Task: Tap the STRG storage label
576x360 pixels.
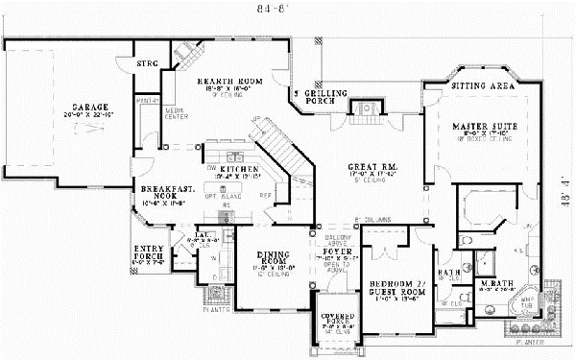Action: point(146,63)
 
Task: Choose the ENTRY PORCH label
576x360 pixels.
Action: point(148,251)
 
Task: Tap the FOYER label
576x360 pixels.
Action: point(338,251)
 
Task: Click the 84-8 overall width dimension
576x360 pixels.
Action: point(283,9)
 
